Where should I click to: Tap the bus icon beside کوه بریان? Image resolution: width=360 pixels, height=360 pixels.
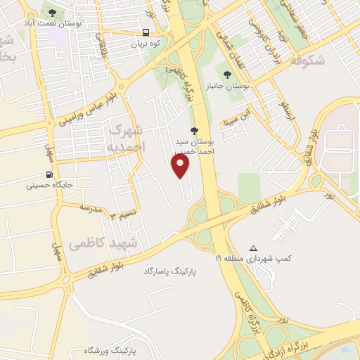[146, 32]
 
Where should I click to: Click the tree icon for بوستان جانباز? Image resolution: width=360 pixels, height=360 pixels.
[226, 74]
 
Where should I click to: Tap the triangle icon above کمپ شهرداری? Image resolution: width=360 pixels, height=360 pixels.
[254, 248]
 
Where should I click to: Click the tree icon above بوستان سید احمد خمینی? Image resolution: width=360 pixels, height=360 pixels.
[194, 130]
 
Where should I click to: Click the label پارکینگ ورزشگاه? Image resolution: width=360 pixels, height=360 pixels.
[113, 349]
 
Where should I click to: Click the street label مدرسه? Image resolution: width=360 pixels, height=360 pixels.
[93, 209]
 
